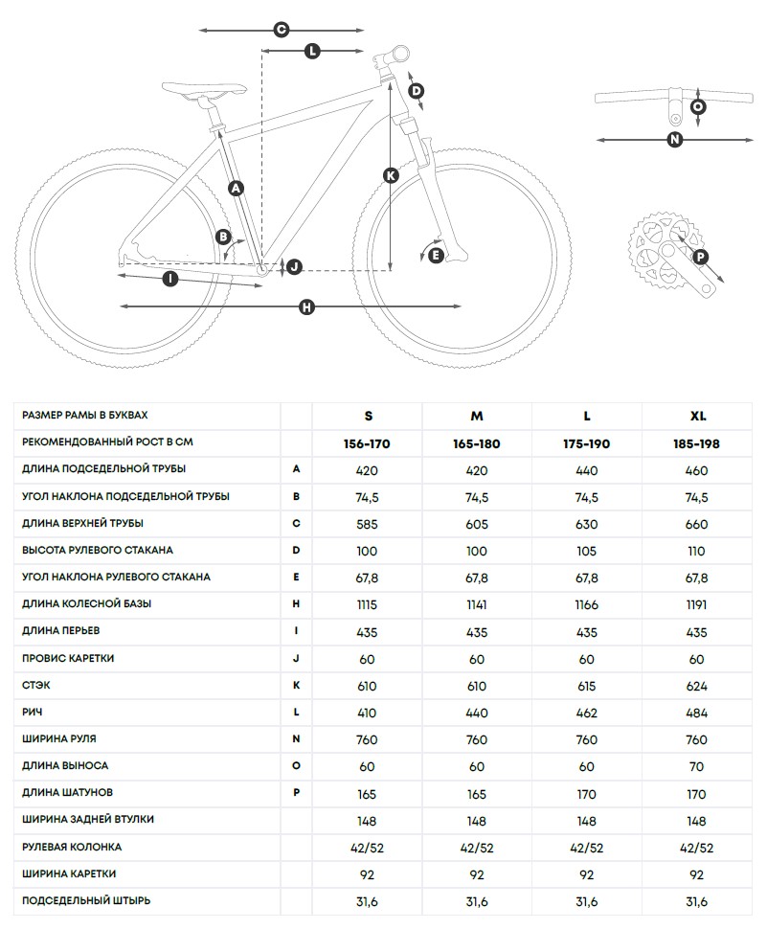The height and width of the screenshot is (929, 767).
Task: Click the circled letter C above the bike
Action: click(x=282, y=30)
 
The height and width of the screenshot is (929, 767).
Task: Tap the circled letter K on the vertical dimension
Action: click(x=391, y=175)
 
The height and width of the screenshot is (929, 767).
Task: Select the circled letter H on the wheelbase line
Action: click(x=306, y=306)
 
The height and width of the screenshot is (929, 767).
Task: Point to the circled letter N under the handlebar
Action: click(x=675, y=140)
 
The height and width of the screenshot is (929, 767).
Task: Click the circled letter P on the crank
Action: click(x=700, y=256)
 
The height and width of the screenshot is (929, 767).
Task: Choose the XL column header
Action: click(x=697, y=417)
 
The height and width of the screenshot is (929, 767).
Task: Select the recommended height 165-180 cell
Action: click(x=476, y=444)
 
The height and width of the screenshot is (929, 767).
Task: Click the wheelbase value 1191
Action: click(x=697, y=605)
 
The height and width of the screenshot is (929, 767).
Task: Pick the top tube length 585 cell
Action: click(x=368, y=524)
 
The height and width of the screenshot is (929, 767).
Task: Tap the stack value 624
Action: click(x=697, y=687)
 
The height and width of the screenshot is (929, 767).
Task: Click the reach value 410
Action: click(x=368, y=714)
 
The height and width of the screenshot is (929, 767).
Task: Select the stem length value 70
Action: click(x=697, y=767)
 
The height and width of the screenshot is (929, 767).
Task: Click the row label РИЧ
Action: click(x=33, y=713)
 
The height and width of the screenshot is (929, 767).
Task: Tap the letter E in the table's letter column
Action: click(x=297, y=578)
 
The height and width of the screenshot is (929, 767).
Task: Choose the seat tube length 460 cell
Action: click(x=697, y=470)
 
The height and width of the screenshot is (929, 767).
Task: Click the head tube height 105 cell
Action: click(x=587, y=551)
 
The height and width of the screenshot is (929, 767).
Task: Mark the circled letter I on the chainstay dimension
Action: click(x=170, y=279)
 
